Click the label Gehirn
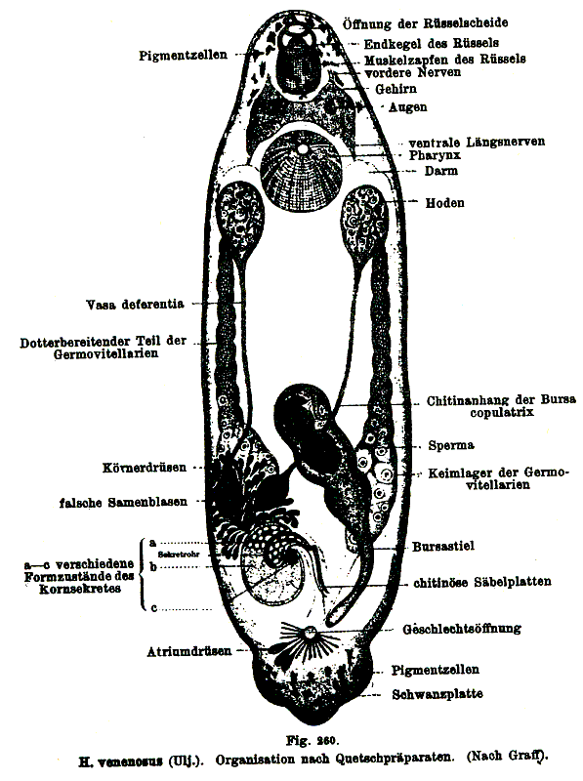396,89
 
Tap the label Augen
407,107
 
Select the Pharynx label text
435,155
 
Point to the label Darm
441,171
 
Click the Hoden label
445,203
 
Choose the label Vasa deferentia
135,304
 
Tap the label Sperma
451,445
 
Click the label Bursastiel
443,547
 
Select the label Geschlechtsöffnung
462,629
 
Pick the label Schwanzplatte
437,694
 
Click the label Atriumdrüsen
189,651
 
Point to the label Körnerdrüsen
145,468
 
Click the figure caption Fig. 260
312,740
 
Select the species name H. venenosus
120,760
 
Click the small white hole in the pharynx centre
302,149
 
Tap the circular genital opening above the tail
311,634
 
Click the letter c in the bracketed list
154,608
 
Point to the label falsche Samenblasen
124,503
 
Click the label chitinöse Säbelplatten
482,582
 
